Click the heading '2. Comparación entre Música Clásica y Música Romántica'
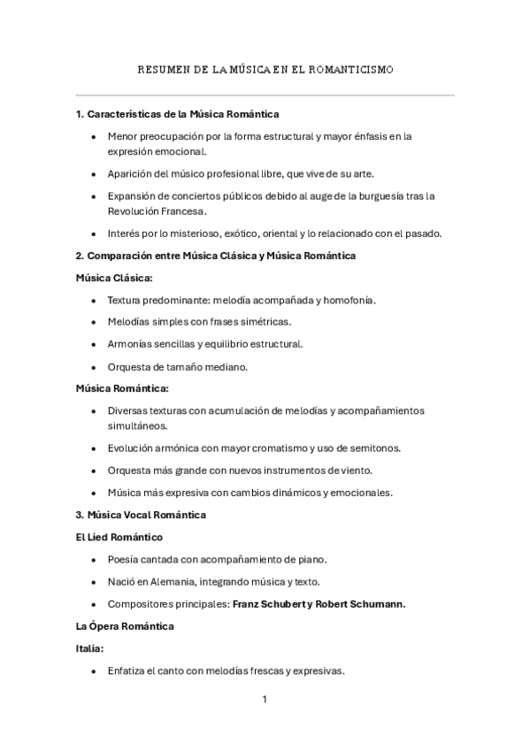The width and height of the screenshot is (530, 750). coord(216,256)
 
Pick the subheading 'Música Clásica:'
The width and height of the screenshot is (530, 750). coord(114,278)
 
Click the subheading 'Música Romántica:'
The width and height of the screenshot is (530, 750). coord(122,388)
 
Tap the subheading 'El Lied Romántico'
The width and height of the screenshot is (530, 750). coord(119,536)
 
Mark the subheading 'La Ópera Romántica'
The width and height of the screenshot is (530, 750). coord(125,626)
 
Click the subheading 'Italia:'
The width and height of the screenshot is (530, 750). coord(91,648)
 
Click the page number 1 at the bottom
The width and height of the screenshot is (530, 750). coord(265,700)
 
